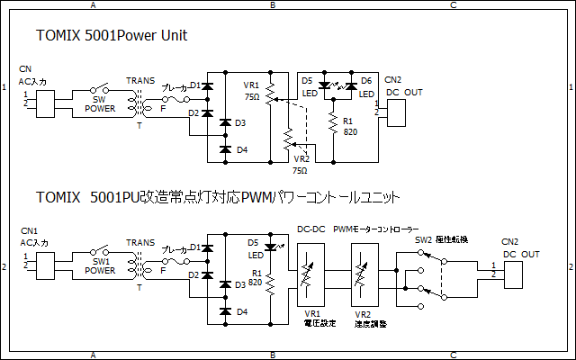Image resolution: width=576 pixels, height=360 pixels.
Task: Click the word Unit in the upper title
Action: coord(175,35)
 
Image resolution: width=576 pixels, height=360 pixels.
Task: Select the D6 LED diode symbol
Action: coord(352,86)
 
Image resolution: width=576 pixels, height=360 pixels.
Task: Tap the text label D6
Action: coord(366,81)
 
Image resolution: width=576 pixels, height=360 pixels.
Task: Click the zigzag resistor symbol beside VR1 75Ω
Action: coord(271,94)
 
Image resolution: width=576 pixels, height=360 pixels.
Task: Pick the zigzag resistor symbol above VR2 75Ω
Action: coord(289,139)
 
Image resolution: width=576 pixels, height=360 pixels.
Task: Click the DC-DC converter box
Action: coord(310,274)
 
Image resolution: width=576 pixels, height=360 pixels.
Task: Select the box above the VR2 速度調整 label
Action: coord(364,274)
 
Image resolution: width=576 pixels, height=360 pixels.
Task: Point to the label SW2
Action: coord(424,240)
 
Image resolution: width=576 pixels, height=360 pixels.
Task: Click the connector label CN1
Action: coord(29,231)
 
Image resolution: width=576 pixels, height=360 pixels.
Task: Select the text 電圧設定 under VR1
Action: coord(320,323)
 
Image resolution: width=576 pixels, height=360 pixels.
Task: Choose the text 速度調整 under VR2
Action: coord(371,324)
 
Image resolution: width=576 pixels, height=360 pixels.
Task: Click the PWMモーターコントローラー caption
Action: coord(376,229)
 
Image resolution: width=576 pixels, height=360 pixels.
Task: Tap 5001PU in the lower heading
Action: coord(115,197)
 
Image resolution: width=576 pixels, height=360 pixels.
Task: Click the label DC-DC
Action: coord(311,229)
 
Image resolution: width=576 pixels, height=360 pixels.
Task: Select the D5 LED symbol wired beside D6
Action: coord(324,86)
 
